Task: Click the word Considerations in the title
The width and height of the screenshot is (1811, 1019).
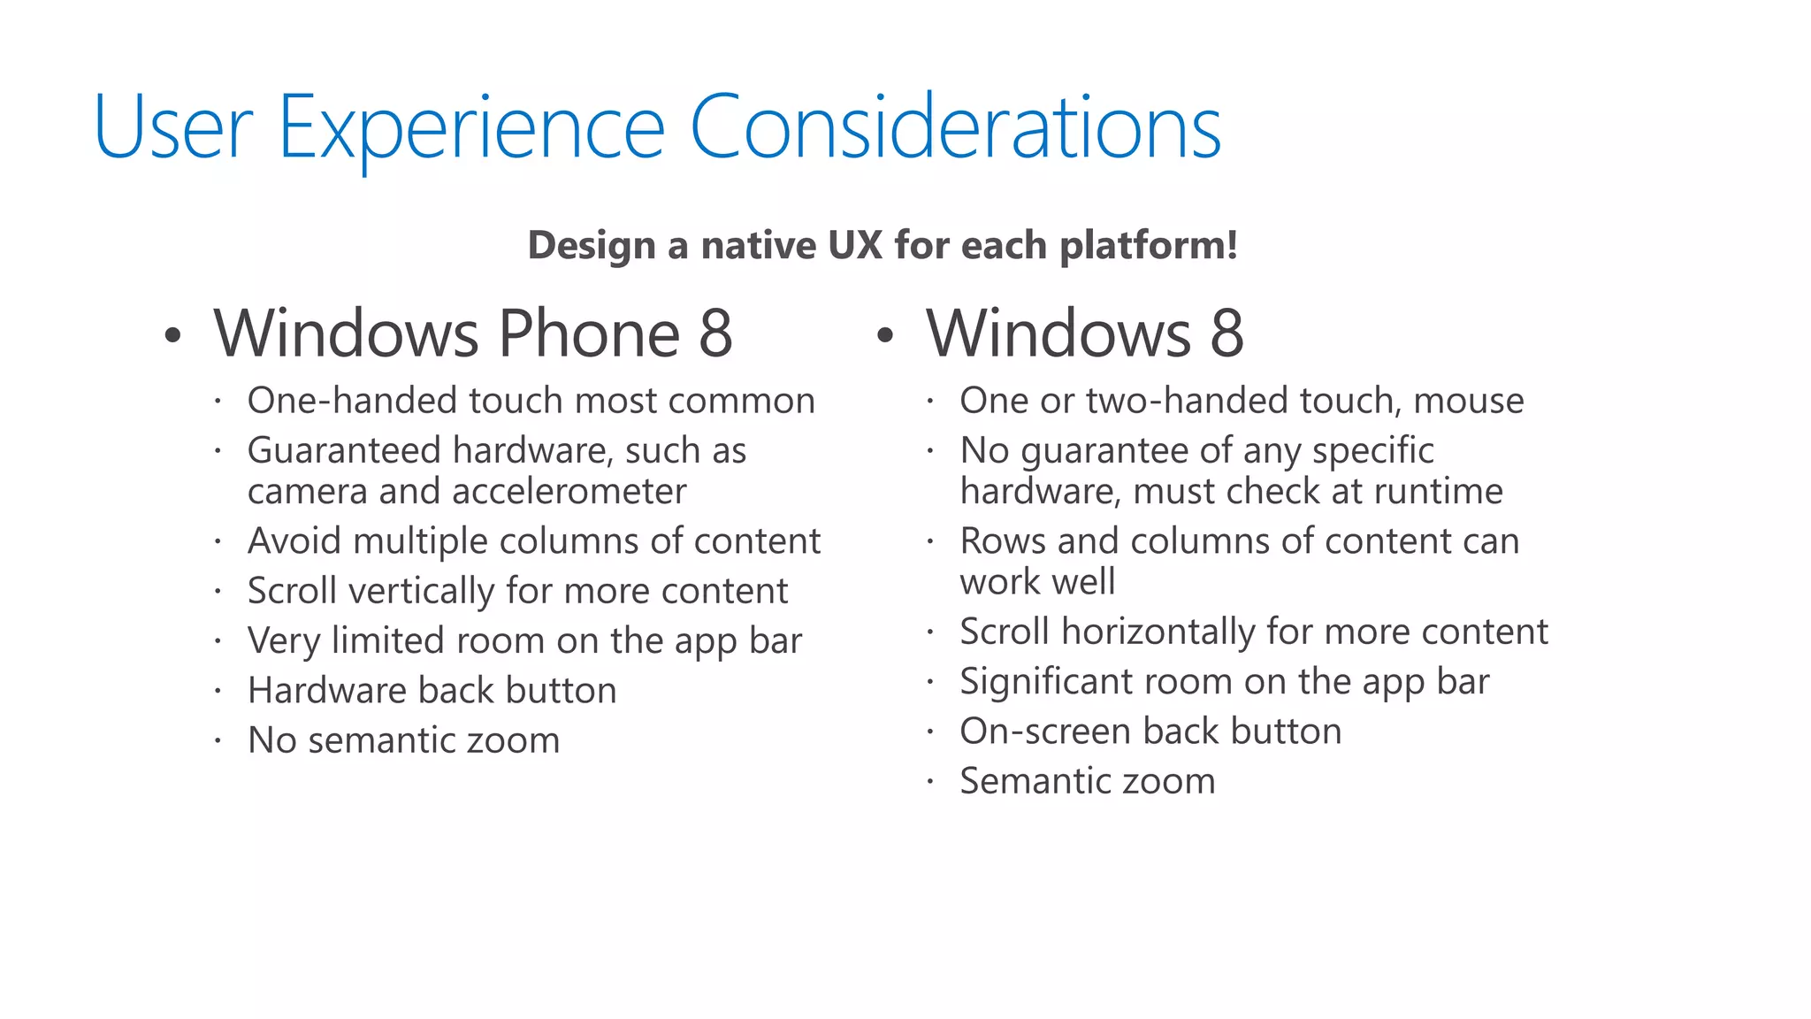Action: click(x=955, y=128)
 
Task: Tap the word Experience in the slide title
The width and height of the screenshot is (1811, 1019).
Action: click(x=470, y=128)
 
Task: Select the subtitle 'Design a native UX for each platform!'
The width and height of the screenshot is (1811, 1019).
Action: click(x=883, y=245)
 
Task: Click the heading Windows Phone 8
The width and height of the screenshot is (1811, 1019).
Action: click(x=473, y=333)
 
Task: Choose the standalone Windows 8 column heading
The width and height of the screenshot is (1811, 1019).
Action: click(x=1085, y=333)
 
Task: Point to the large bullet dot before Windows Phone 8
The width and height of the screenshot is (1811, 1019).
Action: click(x=172, y=336)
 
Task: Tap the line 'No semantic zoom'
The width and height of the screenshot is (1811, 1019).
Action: click(x=403, y=740)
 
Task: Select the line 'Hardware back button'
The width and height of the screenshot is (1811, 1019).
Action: click(x=432, y=691)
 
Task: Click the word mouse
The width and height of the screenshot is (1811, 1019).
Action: click(x=1468, y=401)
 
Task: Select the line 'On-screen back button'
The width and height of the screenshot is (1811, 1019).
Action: click(x=1150, y=732)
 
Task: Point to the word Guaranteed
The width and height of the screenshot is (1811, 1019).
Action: click(x=344, y=450)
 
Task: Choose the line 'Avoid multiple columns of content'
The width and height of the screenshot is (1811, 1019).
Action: click(x=534, y=541)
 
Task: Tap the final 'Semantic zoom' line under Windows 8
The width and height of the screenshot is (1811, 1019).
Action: click(x=1088, y=781)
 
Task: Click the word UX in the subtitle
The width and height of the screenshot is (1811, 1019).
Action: click(x=854, y=245)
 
